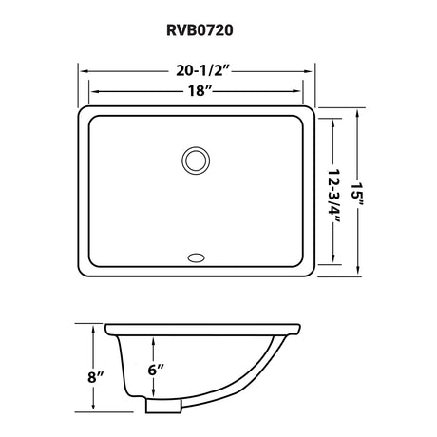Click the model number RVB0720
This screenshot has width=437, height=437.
tap(199, 30)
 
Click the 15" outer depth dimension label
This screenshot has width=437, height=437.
tap(358, 193)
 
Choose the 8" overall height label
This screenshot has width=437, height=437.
tap(96, 377)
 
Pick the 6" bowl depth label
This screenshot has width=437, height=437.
tap(156, 370)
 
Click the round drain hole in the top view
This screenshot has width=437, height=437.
tap(196, 161)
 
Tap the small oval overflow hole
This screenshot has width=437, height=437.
tap(196, 258)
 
